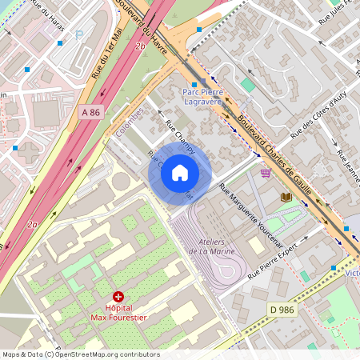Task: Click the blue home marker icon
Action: (x=180, y=173)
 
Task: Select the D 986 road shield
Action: (x=282, y=309)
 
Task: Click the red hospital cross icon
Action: (x=118, y=296)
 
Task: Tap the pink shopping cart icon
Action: (x=266, y=172)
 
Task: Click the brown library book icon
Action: (x=286, y=196)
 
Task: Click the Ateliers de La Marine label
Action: (x=210, y=246)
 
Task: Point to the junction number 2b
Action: (x=141, y=46)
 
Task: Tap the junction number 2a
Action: (x=32, y=226)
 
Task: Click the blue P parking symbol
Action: (x=78, y=34)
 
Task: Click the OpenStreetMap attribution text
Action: (x=81, y=354)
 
